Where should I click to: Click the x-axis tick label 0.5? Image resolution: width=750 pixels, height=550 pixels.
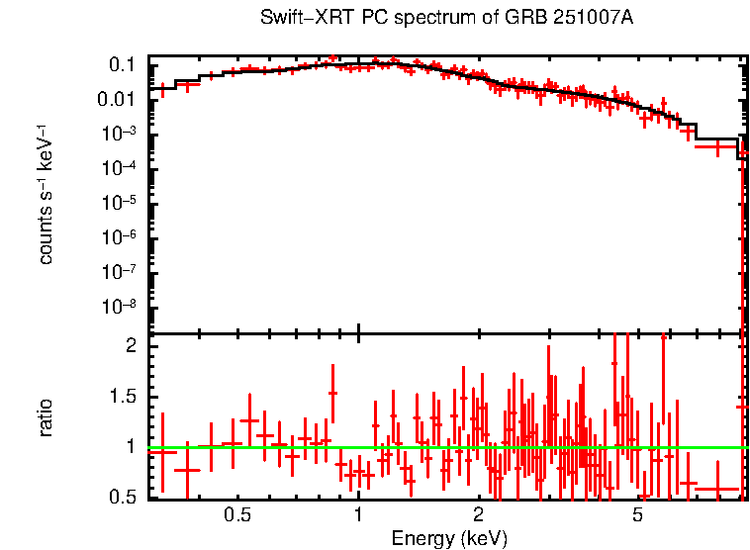(x=236, y=514)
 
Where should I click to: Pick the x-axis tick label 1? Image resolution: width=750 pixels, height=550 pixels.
(x=357, y=514)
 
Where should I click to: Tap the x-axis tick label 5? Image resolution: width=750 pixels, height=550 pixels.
(x=638, y=514)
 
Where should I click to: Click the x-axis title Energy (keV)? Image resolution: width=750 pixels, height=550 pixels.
(x=449, y=538)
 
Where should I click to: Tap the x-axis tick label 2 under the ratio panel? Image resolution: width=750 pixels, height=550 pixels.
(x=478, y=514)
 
